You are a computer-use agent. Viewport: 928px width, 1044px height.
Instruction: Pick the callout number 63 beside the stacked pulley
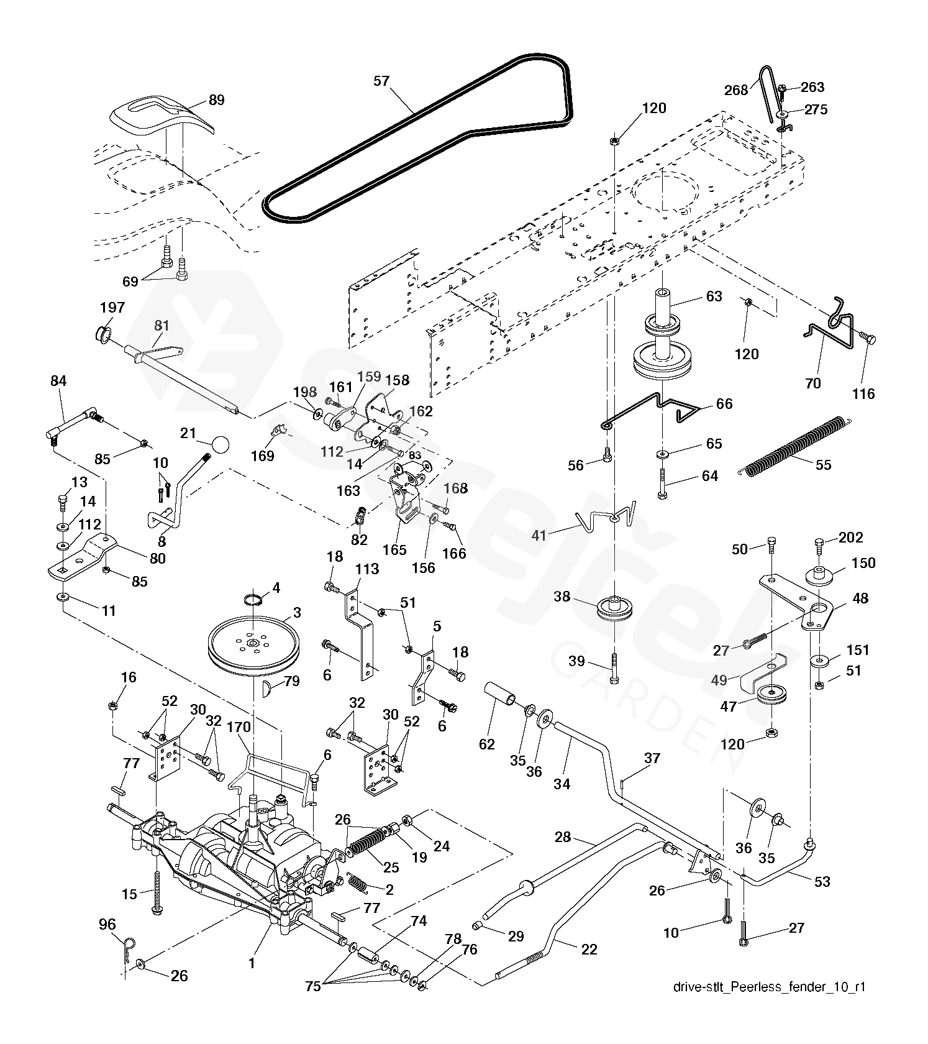pos(714,296)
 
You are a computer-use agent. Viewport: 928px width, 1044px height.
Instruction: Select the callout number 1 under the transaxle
pos(252,963)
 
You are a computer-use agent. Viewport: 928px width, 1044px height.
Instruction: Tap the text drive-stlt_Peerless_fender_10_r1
pos(769,987)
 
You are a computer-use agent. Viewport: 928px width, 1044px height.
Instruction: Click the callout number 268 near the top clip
pos(736,90)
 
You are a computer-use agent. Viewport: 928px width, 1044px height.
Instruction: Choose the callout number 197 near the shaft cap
pos(112,308)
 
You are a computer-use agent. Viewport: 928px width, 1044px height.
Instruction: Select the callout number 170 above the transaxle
pos(239,726)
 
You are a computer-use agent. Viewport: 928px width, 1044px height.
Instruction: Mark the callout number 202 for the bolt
pos(850,538)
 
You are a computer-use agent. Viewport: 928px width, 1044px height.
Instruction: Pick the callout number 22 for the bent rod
pos(589,949)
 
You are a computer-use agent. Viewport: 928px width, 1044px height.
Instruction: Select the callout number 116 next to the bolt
pos(863,393)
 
